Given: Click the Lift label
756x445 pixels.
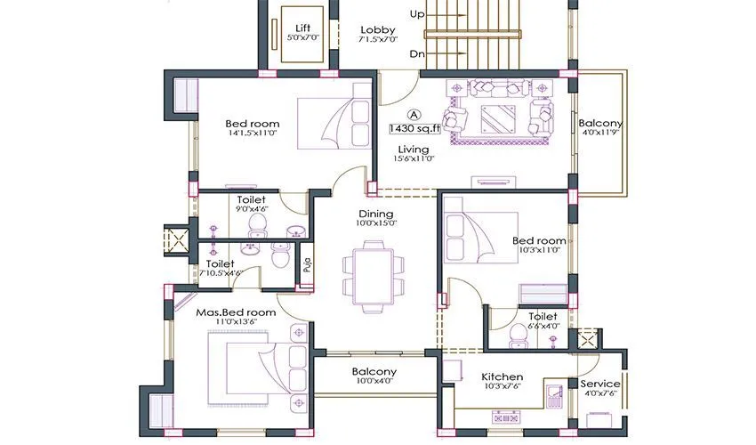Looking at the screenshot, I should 302,28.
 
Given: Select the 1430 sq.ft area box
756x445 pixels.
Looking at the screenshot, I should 414,128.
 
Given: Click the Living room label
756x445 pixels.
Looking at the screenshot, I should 414,149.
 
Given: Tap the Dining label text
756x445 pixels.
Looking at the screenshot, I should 376,214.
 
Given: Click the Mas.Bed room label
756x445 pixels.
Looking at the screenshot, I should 236,312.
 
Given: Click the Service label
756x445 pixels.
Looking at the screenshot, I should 600,384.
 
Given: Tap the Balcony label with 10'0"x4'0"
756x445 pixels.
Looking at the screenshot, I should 374,371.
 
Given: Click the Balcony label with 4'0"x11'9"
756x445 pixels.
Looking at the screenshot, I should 600,124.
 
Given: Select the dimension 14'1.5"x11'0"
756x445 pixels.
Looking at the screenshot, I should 252,134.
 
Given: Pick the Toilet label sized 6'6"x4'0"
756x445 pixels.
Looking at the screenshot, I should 543,316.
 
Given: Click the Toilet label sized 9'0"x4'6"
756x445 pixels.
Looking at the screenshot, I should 252,200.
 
